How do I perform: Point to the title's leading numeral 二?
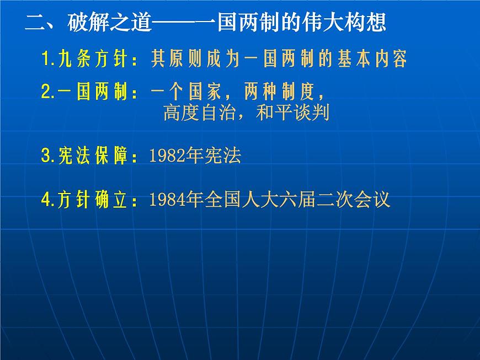point(36,24)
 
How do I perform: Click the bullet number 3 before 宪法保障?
point(46,157)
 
